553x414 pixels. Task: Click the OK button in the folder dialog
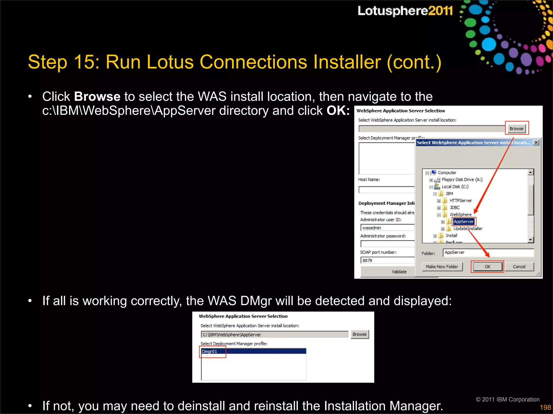coord(487,267)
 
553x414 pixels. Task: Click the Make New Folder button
coord(442,267)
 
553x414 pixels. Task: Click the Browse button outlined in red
coord(516,129)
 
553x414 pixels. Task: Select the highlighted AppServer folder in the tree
coord(463,222)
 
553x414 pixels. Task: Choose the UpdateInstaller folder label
coord(468,229)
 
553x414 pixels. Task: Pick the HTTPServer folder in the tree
coord(460,201)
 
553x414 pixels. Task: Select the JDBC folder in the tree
coord(454,208)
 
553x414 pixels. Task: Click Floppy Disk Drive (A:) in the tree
coord(462,180)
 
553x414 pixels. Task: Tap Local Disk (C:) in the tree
coord(455,187)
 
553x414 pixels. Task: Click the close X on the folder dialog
coord(536,142)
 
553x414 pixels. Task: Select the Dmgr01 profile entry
coord(210,351)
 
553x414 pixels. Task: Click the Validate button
coord(399,272)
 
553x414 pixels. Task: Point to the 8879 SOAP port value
coord(367,260)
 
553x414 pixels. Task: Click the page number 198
coord(545,407)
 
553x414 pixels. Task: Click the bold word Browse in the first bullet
coord(97,96)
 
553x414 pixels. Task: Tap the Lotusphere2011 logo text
coord(405,11)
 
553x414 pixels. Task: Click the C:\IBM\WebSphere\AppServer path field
coord(274,334)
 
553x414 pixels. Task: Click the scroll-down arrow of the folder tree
coord(531,240)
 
